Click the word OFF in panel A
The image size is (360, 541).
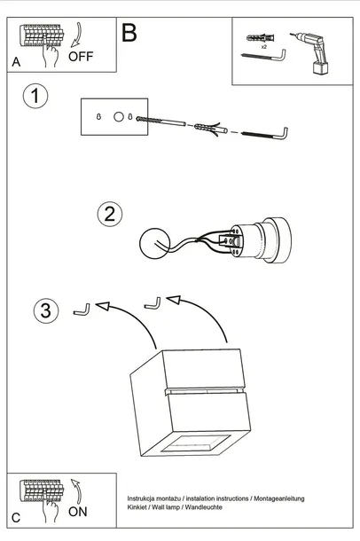pos(81,56)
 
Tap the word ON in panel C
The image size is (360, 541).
pos(78,512)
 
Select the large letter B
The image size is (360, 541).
pos(129,33)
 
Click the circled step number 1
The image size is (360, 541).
pos(35,96)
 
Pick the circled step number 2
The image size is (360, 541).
pos(110,214)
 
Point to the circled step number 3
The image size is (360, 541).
pos(46,310)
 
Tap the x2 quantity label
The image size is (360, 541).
pos(264,47)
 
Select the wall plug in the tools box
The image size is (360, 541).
pos(261,37)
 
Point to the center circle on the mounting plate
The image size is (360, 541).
pos(119,117)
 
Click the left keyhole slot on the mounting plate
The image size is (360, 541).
pos(98,117)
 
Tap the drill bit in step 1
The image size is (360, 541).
pos(160,122)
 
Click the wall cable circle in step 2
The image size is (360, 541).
pos(155,243)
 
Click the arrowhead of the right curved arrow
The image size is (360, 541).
pos(174,300)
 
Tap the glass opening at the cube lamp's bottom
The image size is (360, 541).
pos(196,443)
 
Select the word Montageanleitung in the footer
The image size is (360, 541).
pos(279,498)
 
